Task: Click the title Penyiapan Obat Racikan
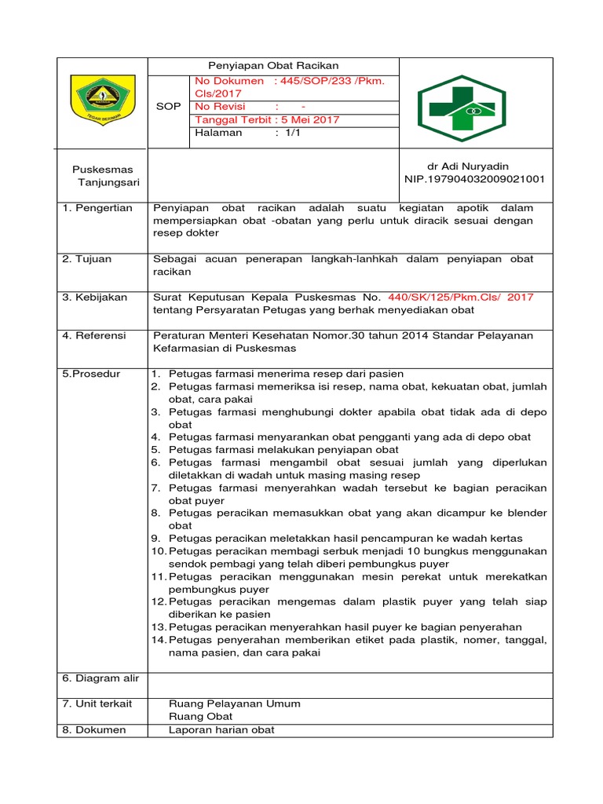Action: coord(272,66)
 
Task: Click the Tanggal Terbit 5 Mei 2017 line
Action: coord(267,119)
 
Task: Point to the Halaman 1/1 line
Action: coord(247,133)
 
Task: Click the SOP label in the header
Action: coord(168,106)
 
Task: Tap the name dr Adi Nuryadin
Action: coord(467,166)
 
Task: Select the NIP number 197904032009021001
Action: coord(473,180)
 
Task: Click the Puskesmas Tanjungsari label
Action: coord(103,176)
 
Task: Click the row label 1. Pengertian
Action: coord(98,208)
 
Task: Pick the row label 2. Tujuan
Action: coord(88,258)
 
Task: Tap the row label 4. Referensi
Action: coord(94,335)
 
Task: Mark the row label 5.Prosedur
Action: coord(91,374)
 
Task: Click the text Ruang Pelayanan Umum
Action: coord(235,703)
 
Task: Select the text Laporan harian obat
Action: coord(221,730)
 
